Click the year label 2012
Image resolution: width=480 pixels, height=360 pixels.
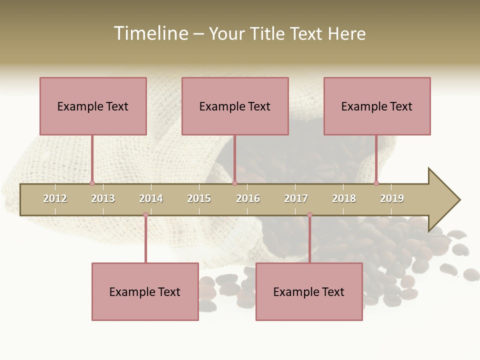[x=55, y=198]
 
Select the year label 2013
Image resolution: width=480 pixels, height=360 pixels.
[x=103, y=198]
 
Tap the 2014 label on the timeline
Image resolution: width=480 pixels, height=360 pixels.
[x=151, y=198]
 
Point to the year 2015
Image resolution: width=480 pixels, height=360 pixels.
[x=199, y=198]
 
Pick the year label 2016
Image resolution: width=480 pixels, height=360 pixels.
[x=248, y=198]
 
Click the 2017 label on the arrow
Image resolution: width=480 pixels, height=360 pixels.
[x=296, y=198]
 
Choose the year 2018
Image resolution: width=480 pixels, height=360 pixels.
[x=344, y=198]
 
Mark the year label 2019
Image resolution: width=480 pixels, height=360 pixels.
[x=392, y=198]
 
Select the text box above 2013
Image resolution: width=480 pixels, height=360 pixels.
[x=93, y=106]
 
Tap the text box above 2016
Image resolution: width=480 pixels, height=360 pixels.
[x=235, y=106]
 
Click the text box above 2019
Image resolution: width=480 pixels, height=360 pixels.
[x=377, y=106]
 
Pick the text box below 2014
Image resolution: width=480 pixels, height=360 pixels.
[x=145, y=291]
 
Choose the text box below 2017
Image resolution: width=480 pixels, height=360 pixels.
[x=309, y=291]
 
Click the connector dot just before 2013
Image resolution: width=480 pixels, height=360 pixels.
[x=92, y=183]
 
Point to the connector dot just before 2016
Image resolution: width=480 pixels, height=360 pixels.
[x=234, y=183]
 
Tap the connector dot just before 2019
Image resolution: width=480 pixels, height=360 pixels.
[x=376, y=183]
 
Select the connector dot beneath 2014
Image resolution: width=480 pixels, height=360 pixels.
[x=145, y=215]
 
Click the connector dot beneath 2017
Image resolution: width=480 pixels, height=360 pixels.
[x=309, y=215]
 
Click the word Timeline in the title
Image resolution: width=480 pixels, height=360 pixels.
[x=150, y=33]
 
